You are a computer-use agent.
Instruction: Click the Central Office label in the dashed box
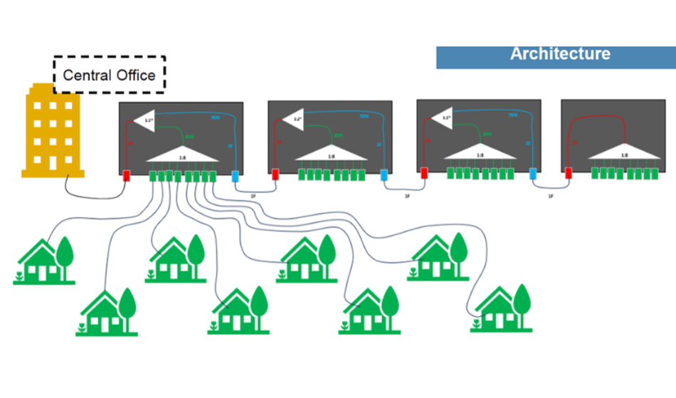tap(109, 75)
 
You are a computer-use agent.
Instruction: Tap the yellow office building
tap(53, 132)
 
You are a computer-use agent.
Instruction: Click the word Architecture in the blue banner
tap(560, 54)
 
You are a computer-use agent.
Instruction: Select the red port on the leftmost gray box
tap(127, 175)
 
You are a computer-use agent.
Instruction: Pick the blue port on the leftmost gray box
tap(236, 176)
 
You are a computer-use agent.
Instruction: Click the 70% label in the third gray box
tap(512, 115)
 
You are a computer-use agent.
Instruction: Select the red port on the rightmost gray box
tap(569, 173)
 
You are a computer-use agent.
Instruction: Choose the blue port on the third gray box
tap(533, 173)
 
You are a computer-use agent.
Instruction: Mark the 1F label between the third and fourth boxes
tap(550, 195)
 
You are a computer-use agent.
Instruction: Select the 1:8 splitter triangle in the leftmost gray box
tap(182, 155)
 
